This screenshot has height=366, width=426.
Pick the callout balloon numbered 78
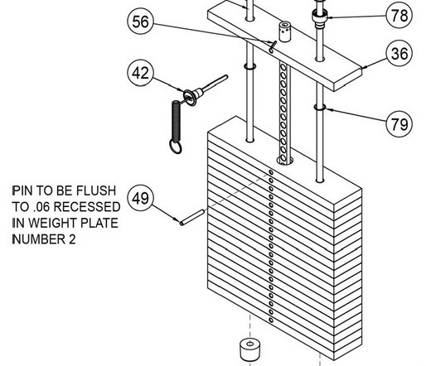coord(399,14)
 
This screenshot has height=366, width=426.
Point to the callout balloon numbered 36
coord(400,55)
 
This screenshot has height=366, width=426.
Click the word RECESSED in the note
coord(85,206)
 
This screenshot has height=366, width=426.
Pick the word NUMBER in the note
coord(38,239)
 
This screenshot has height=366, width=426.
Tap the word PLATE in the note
coord(103,223)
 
